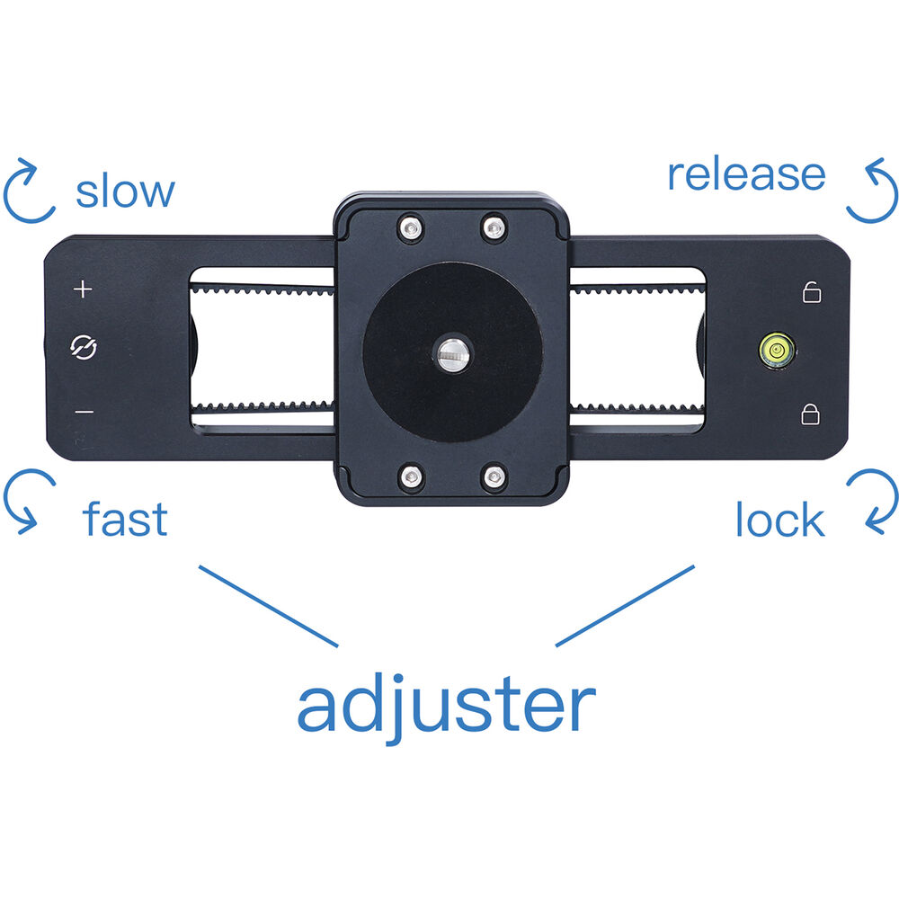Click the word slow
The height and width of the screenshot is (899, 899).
(125, 191)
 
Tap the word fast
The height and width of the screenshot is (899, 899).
(125, 520)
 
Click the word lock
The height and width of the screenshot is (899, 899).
(779, 521)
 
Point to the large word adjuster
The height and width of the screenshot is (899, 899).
(446, 706)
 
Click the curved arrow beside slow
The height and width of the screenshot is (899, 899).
(29, 191)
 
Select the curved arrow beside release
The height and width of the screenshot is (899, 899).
(871, 191)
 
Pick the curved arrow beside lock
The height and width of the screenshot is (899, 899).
(871, 501)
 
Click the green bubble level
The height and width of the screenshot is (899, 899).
(777, 349)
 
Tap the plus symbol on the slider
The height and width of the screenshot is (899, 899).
(83, 289)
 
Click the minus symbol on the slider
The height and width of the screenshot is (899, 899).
(84, 413)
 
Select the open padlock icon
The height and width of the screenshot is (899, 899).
(811, 292)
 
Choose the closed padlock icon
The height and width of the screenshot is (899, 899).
(811, 414)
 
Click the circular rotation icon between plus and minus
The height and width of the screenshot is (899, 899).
(84, 349)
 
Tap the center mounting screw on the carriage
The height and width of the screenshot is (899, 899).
(450, 352)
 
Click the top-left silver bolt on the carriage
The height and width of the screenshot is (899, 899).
(411, 229)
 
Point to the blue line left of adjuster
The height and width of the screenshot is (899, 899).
(268, 606)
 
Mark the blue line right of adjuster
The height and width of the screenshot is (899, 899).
(626, 605)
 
